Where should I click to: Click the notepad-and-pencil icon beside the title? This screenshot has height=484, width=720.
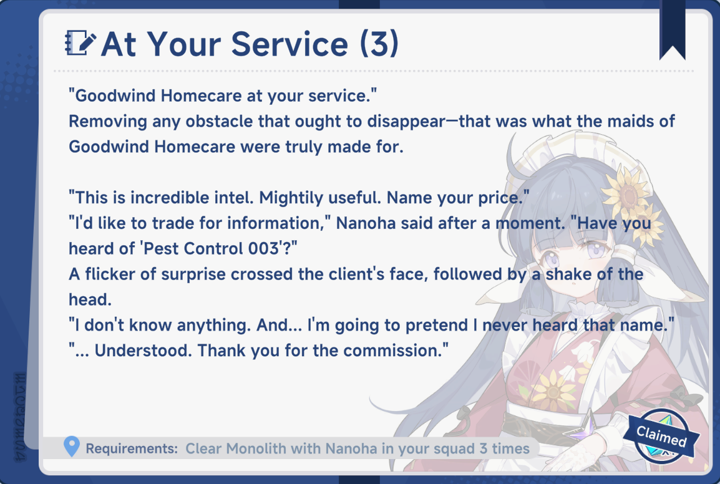[x=80, y=42]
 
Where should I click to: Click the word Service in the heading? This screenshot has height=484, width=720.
[x=289, y=44]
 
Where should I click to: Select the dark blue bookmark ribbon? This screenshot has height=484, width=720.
[x=672, y=30]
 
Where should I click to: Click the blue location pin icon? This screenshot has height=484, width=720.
[x=72, y=447]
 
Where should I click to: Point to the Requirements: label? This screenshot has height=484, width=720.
[x=132, y=448]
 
